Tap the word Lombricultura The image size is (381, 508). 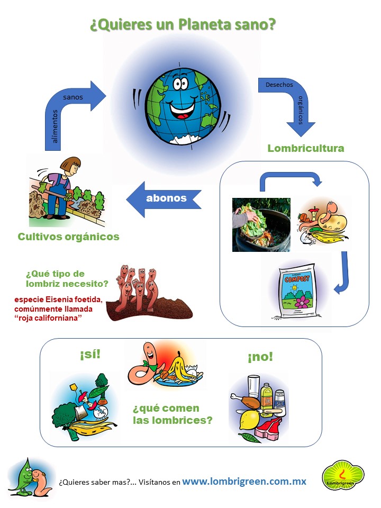[305, 148]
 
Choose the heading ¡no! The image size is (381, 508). [260, 357]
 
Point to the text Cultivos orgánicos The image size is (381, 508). [68, 237]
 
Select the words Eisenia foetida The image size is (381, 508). [75, 299]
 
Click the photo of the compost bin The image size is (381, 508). [261, 224]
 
